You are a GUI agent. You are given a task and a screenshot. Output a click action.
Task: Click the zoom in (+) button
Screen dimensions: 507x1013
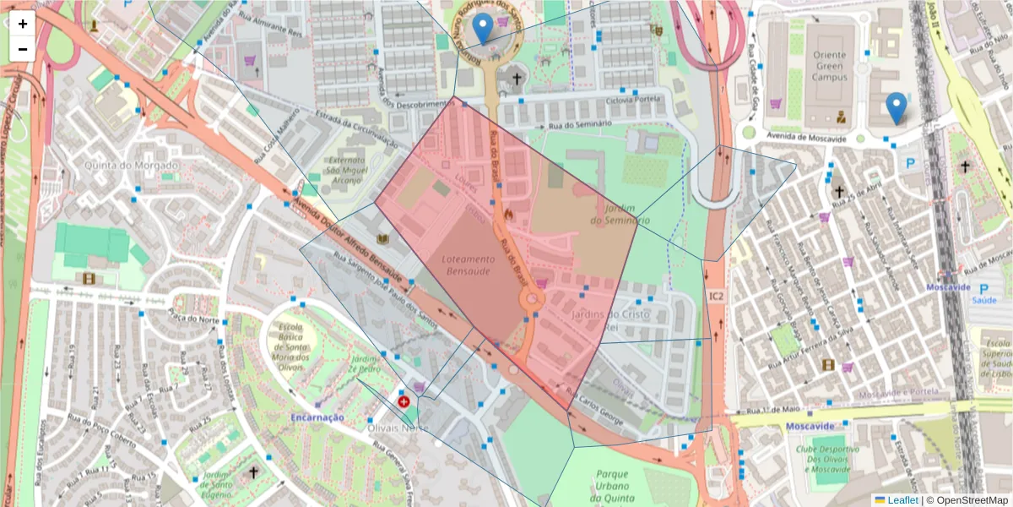pyautogui.click(x=23, y=24)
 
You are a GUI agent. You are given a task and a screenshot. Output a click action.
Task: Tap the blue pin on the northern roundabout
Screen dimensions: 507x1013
pyautogui.click(x=482, y=29)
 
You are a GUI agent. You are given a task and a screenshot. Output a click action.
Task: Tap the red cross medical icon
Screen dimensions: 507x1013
pyautogui.click(x=404, y=402)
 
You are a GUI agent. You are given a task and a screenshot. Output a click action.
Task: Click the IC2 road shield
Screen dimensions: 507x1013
pyautogui.click(x=716, y=296)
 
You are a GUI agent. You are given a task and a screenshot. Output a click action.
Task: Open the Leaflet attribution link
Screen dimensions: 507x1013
pyautogui.click(x=902, y=499)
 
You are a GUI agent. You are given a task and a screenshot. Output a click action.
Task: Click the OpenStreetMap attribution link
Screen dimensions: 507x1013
pyautogui.click(x=972, y=499)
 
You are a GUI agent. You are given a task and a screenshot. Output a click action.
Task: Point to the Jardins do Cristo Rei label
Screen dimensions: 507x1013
pyautogui.click(x=620, y=322)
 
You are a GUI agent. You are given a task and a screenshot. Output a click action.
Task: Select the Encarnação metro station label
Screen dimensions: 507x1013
pyautogui.click(x=317, y=417)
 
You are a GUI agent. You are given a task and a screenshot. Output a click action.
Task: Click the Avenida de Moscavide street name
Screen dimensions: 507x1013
pyautogui.click(x=806, y=137)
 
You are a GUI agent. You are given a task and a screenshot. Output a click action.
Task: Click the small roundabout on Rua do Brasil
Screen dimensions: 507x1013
pyautogui.click(x=532, y=298)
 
